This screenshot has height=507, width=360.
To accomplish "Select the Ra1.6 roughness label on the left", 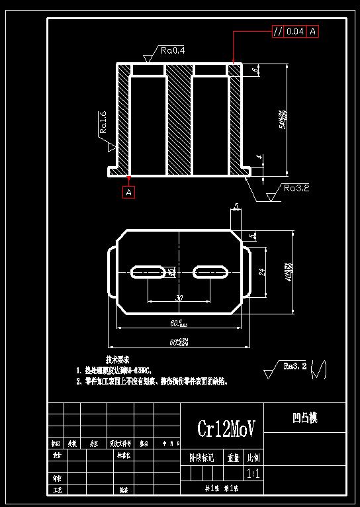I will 104,123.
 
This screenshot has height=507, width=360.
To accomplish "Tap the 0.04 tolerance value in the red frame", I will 295,31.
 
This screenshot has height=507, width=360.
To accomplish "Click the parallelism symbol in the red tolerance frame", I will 278,31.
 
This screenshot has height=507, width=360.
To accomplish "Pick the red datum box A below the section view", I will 129,192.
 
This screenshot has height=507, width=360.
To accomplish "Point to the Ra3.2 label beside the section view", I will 296,188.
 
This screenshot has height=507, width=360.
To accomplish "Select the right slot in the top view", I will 211,271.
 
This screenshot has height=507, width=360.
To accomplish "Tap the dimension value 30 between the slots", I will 179,299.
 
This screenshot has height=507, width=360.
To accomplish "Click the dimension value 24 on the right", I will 261,271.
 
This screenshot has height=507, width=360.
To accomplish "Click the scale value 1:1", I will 253,474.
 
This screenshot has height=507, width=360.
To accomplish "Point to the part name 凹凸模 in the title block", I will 304,418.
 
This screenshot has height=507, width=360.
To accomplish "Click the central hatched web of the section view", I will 178,119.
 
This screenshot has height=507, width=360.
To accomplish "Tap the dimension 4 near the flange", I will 259,158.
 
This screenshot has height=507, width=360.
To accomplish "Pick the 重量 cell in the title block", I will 233,457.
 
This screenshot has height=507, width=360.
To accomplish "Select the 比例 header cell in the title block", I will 253,457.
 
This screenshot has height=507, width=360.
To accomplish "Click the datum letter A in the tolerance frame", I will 312,31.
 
